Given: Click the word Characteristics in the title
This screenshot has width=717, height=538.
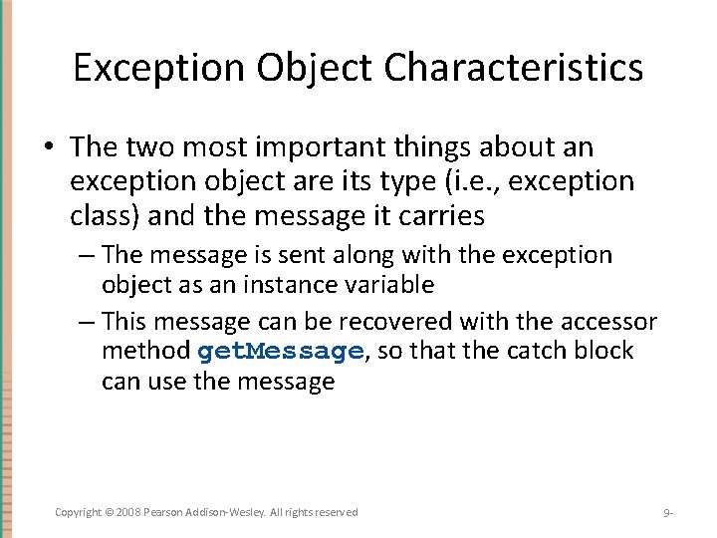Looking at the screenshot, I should point(514,68).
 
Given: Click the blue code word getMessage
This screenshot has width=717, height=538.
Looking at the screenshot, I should point(280,352).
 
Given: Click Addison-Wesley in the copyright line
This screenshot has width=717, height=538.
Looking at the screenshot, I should point(223,512).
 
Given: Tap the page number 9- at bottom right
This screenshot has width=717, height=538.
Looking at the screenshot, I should point(668,513).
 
